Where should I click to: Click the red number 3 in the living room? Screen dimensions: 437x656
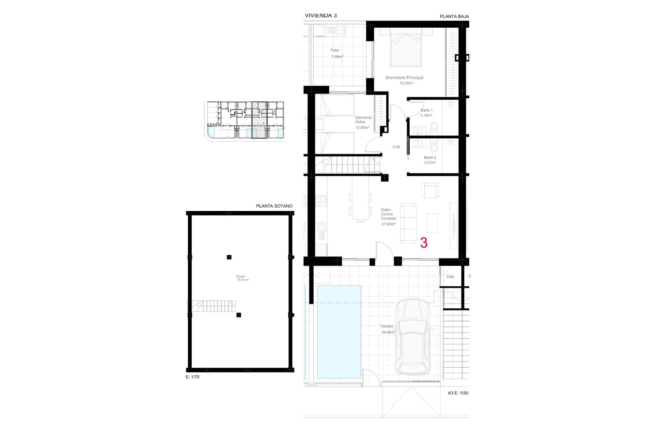(424, 243)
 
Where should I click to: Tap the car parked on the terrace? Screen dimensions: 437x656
(412, 336)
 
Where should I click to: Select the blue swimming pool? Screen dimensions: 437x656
(339, 332)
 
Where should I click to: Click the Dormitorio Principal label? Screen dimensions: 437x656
(404, 78)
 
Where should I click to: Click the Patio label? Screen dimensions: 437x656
(335, 51)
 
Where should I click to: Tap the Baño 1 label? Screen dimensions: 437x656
(426, 110)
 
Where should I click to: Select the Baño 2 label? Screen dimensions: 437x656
(430, 157)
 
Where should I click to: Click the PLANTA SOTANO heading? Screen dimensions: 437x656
(274, 206)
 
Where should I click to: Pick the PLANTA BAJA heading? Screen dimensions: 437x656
(454, 16)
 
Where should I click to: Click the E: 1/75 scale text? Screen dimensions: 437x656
(192, 377)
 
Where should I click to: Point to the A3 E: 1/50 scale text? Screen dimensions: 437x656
(458, 393)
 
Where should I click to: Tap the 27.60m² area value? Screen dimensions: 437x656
(388, 224)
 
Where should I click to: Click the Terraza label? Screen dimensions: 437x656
(386, 326)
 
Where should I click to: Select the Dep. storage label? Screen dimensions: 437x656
(451, 277)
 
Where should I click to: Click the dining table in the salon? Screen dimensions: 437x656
(360, 206)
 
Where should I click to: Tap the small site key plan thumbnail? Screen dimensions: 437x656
(245, 120)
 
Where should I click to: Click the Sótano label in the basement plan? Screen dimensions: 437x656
(241, 277)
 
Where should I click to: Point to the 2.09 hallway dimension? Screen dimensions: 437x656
(396, 147)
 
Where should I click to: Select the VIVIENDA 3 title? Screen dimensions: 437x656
(320, 15)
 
